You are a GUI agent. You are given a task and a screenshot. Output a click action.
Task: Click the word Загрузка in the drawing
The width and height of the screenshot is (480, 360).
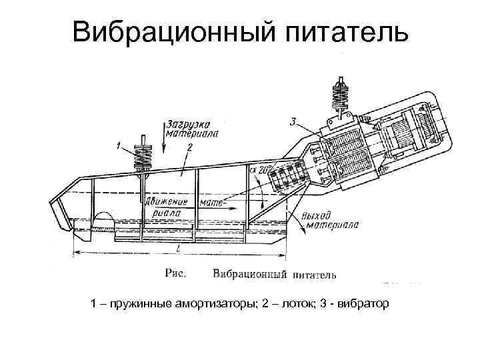click(189, 123)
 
